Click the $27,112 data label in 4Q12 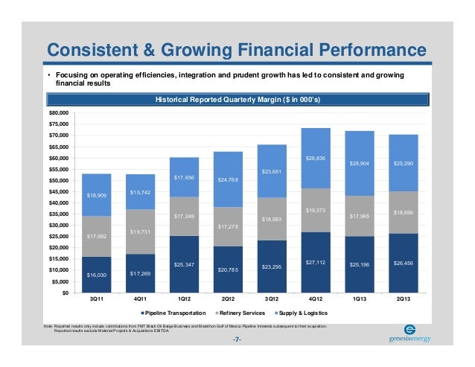(316, 261)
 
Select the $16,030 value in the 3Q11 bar (98, 275)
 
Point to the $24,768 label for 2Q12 (228, 179)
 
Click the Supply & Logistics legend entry (305, 313)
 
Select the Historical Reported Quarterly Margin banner (238, 99)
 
